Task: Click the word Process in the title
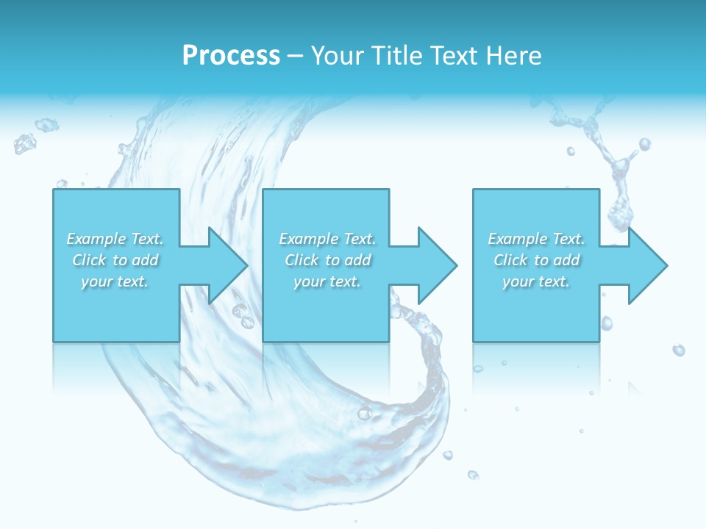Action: click(231, 56)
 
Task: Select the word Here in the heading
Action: click(515, 56)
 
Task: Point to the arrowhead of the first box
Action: click(228, 265)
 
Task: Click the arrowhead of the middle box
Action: click(438, 265)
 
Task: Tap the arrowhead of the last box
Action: click(648, 265)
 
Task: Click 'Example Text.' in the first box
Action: click(115, 239)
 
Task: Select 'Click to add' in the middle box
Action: click(327, 260)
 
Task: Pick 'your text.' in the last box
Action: click(536, 281)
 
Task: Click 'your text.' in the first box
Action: click(115, 281)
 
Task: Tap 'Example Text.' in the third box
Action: click(536, 239)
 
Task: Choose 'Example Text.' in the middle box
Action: click(327, 239)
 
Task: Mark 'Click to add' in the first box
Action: click(115, 260)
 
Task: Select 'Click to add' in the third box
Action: click(536, 260)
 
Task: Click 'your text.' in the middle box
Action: click(327, 281)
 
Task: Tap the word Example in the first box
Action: click(96, 239)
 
